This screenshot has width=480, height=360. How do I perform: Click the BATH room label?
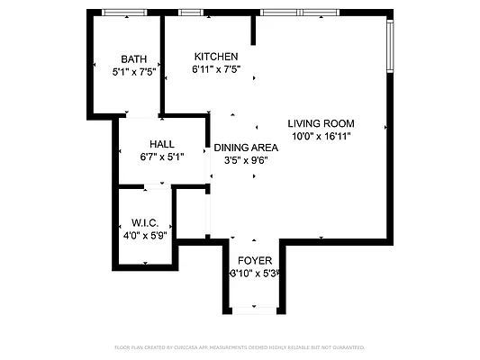click(x=133, y=59)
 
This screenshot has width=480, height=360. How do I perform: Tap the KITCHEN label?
click(x=215, y=56)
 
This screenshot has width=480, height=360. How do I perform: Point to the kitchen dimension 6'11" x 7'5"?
click(x=215, y=68)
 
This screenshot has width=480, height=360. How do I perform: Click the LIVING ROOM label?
click(x=321, y=124)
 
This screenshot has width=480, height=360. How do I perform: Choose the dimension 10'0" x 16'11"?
click(x=321, y=136)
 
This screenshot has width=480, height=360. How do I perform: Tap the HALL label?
click(x=162, y=144)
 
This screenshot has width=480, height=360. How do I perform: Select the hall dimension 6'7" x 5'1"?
click(x=162, y=157)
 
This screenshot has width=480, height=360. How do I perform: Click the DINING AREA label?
click(x=245, y=148)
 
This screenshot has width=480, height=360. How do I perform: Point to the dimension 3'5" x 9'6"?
click(x=245, y=160)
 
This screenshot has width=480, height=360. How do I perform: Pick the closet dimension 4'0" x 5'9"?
click(x=144, y=235)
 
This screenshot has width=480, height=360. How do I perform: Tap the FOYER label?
click(x=254, y=261)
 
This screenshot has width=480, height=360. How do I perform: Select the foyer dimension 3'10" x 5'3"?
click(x=254, y=274)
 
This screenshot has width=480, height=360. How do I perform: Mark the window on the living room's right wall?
click(x=389, y=46)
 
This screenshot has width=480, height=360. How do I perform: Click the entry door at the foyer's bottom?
click(x=252, y=310)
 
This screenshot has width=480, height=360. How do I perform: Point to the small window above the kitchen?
click(x=190, y=13)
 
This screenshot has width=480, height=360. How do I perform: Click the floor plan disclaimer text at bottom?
click(x=240, y=346)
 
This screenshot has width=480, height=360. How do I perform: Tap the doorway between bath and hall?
click(x=139, y=116)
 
